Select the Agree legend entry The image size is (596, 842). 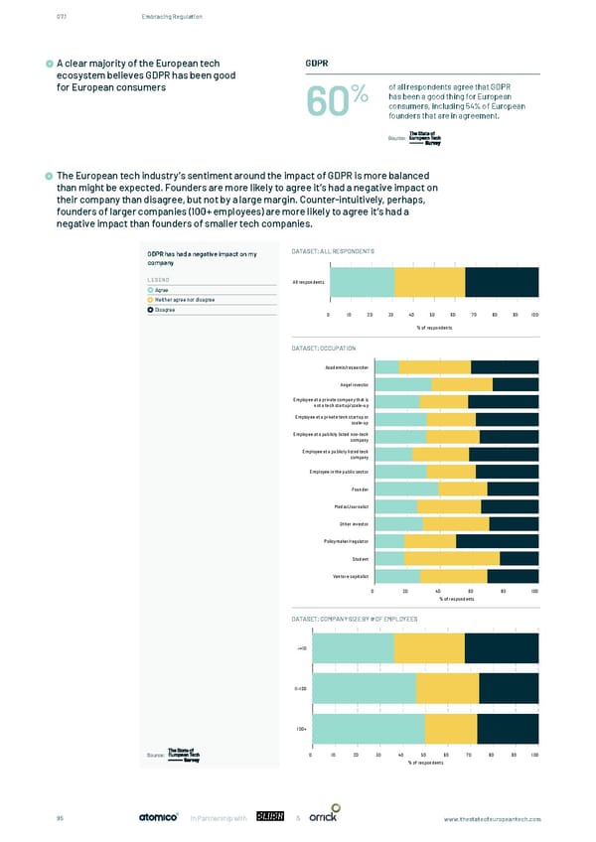[161, 290]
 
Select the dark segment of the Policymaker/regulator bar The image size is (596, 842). [497, 541]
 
